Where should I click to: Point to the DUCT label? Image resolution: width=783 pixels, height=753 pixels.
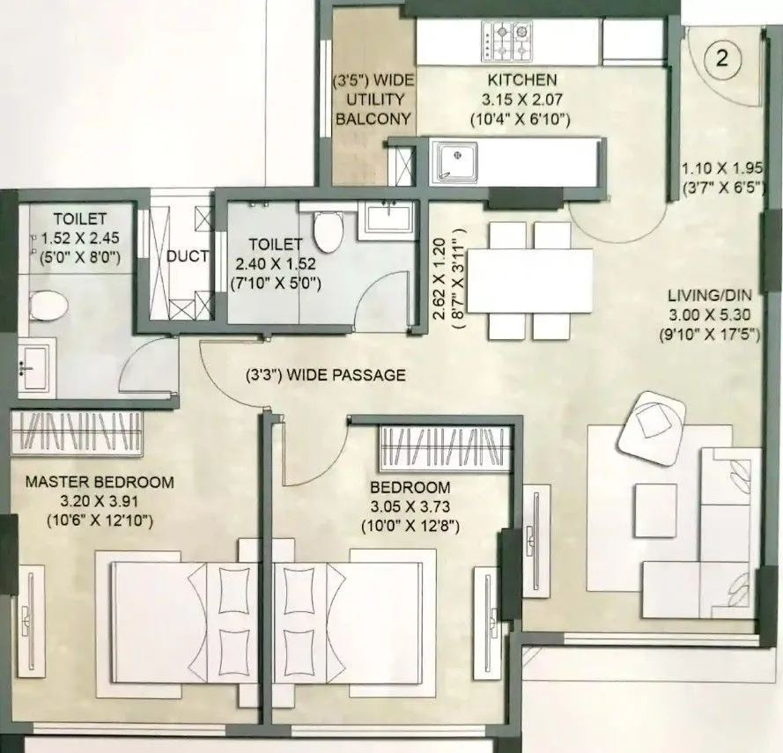187,257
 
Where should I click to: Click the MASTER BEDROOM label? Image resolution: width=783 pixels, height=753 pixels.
100,483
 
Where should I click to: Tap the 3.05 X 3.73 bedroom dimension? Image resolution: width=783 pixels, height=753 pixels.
410,507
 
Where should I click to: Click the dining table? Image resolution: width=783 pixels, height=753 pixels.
530,279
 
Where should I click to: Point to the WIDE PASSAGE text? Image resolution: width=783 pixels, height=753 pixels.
326,375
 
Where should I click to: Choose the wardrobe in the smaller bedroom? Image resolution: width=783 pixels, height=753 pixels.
445,447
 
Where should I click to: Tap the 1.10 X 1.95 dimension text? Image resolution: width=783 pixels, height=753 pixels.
720,168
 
